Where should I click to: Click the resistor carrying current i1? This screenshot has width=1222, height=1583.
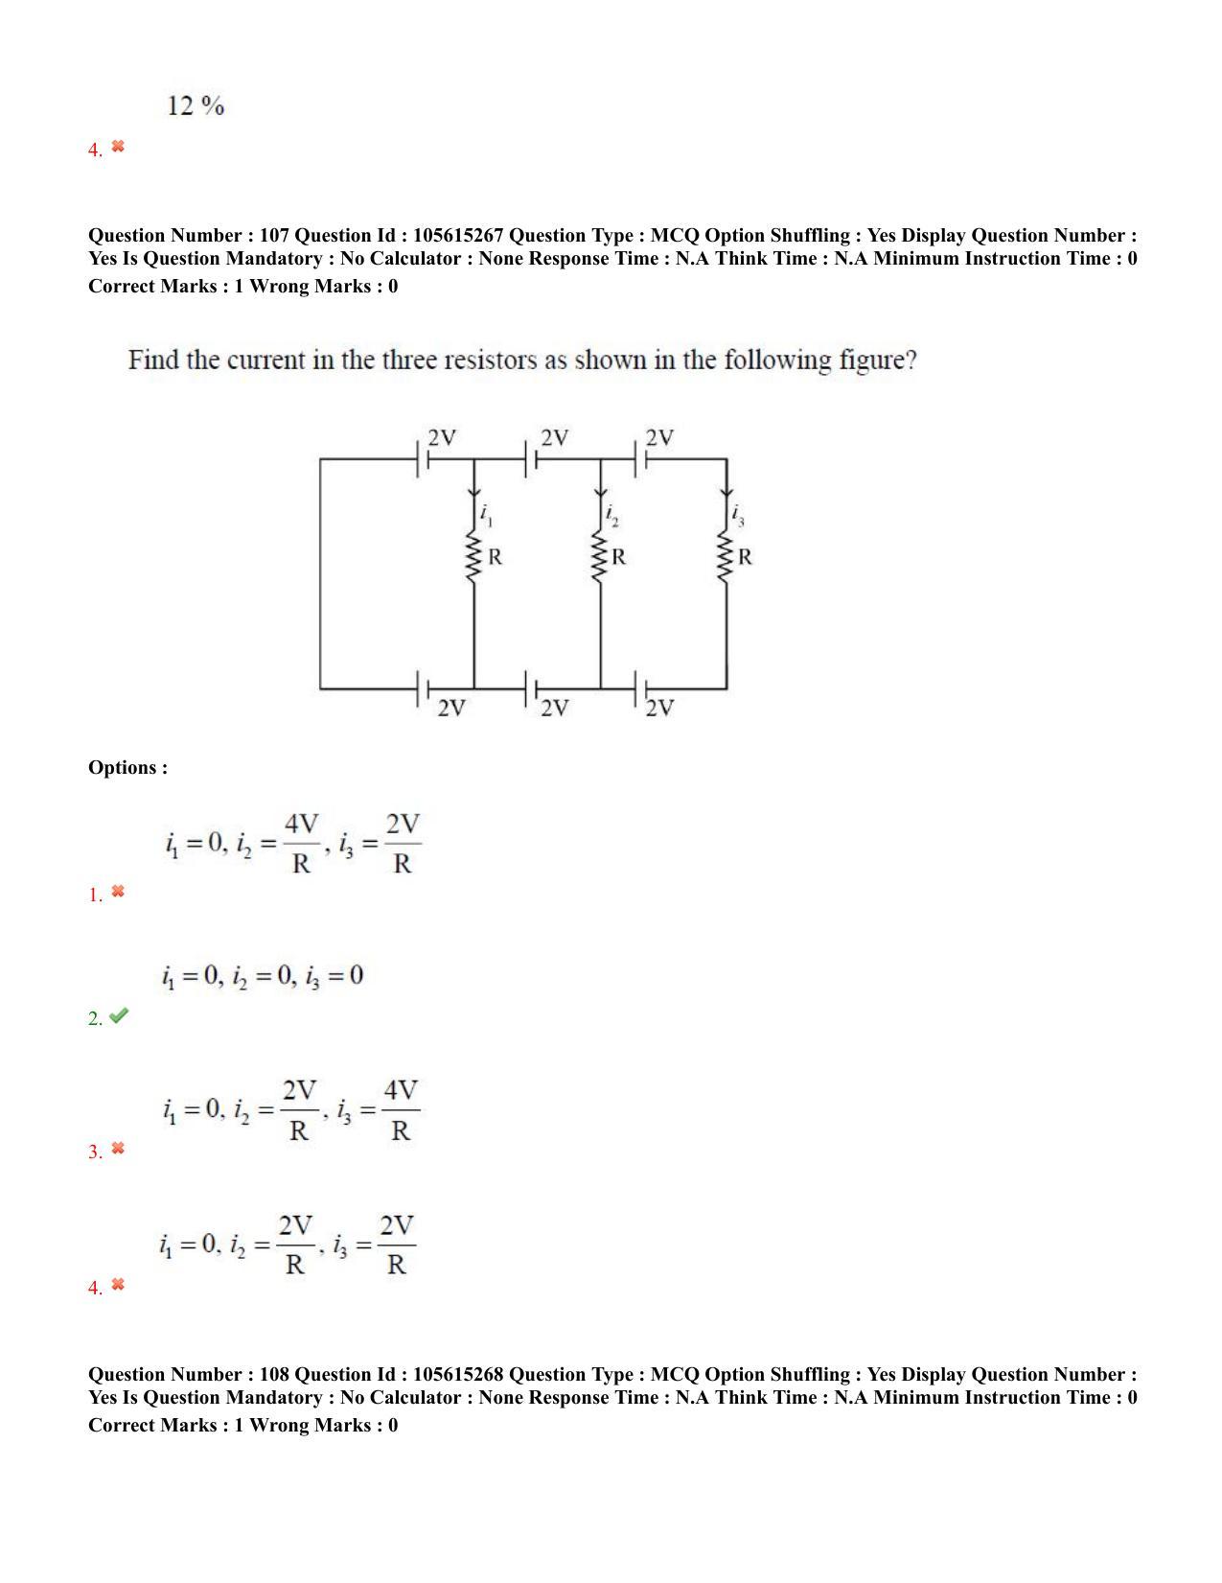[x=473, y=556]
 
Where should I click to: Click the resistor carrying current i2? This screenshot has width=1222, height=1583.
[x=601, y=556]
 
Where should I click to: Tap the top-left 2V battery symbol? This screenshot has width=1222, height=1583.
[x=423, y=460]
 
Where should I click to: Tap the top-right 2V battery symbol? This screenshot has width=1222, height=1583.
[x=641, y=460]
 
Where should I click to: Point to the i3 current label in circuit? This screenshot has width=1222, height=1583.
[x=738, y=516]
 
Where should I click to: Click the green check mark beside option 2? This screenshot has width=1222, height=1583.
[x=118, y=1016]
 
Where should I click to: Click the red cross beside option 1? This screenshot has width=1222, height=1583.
[x=118, y=892]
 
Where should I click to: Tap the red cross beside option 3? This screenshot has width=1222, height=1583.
[x=118, y=1148]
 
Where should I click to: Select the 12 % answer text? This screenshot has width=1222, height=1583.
[x=196, y=105]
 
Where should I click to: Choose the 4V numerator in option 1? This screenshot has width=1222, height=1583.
[x=301, y=825]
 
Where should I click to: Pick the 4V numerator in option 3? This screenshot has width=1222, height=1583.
[x=401, y=1091]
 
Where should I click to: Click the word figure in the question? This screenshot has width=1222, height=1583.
[x=871, y=361]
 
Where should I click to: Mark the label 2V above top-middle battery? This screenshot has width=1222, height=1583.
[x=554, y=438]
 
